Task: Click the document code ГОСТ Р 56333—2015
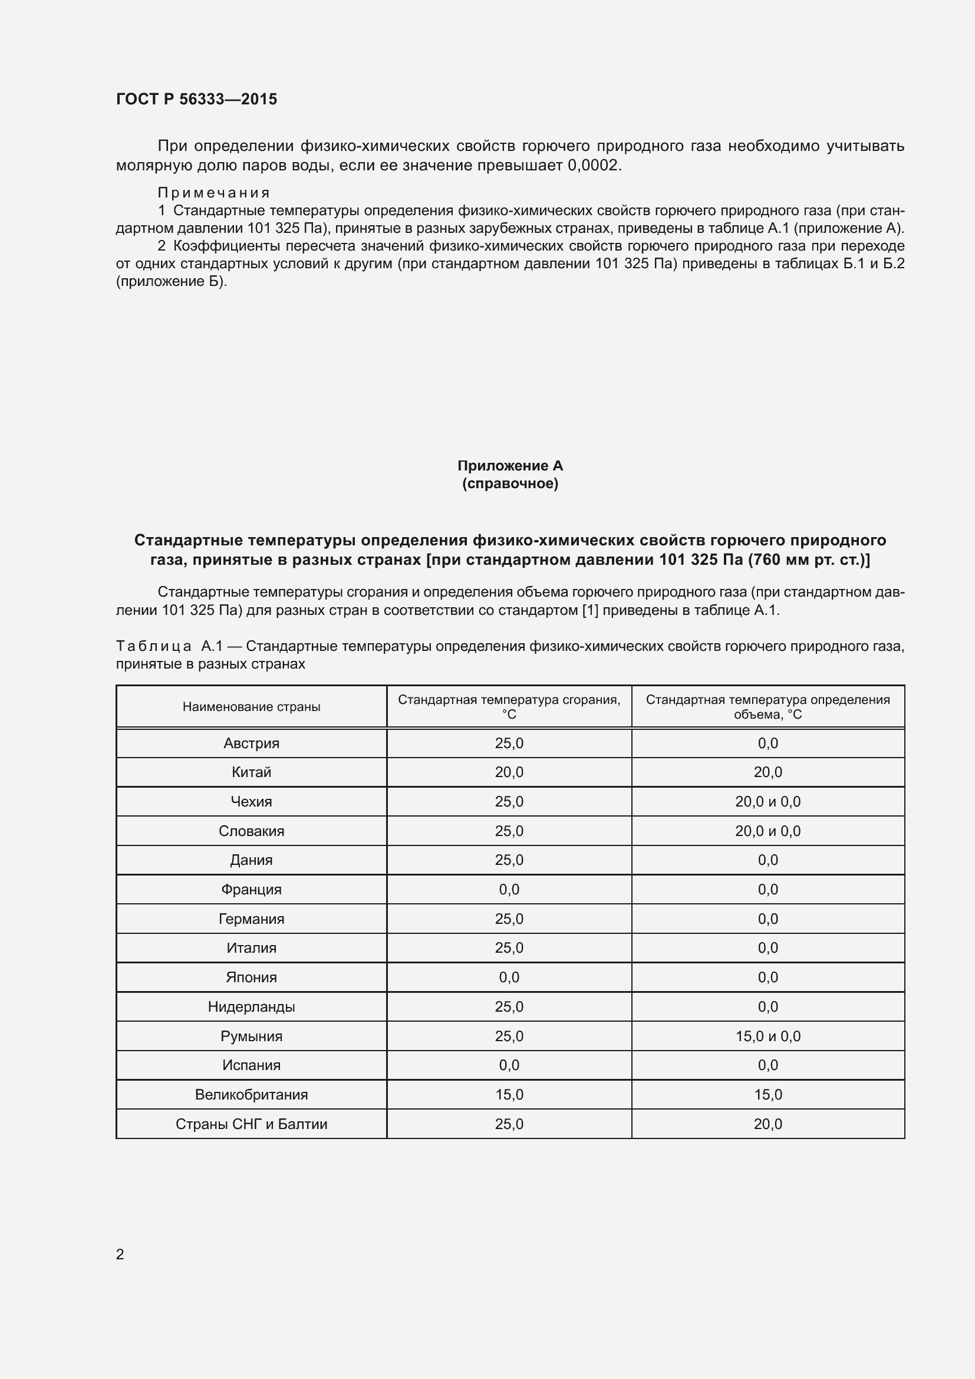point(196,99)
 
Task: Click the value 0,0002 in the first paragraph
point(592,165)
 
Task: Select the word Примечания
point(214,193)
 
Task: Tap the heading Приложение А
point(510,466)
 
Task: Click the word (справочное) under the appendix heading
point(510,483)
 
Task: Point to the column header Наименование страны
point(251,707)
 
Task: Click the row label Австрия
point(251,743)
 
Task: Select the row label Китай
point(251,772)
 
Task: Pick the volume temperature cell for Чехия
point(768,802)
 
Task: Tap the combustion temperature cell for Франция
point(509,890)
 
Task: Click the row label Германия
point(251,919)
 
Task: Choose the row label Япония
point(251,977)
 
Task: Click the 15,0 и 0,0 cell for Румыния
point(768,1036)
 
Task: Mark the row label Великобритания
point(251,1095)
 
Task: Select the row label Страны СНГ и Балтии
point(251,1124)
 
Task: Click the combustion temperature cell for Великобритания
point(509,1095)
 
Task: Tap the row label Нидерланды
point(251,1006)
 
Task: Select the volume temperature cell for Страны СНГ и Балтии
point(768,1124)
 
